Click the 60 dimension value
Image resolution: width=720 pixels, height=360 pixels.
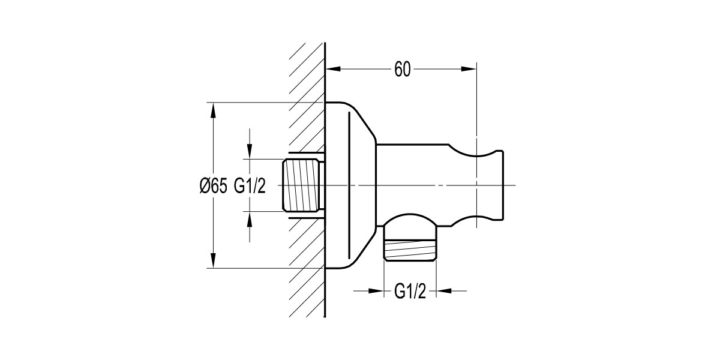[x=402, y=70]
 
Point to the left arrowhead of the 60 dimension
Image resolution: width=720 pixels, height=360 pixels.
[x=332, y=70]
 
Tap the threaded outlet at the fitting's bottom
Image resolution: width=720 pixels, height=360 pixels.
[x=410, y=249]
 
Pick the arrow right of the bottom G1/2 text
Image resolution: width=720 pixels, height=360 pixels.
[x=443, y=292]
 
